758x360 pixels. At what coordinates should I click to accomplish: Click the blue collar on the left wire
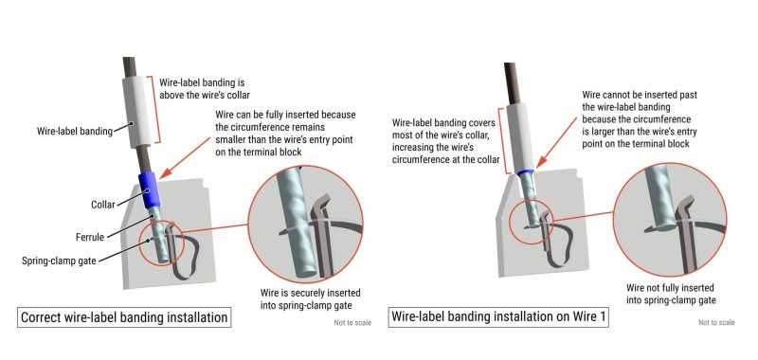click(x=150, y=190)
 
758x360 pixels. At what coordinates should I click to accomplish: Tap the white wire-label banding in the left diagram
click(x=137, y=111)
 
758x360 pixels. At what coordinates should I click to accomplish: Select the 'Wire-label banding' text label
click(x=75, y=131)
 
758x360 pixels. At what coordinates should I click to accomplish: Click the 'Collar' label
click(x=103, y=205)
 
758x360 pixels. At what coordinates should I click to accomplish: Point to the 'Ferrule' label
click(x=90, y=237)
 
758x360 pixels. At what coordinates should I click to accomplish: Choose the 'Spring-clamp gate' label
click(x=59, y=261)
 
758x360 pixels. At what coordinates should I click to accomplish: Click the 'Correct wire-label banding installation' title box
click(x=124, y=317)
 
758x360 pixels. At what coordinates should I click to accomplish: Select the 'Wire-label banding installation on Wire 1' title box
click(x=498, y=317)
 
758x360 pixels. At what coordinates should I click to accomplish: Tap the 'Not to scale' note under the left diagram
click(x=352, y=323)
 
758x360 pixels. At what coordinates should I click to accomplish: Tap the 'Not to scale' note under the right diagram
click(x=716, y=322)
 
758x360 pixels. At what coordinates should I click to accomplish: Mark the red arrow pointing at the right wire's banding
click(x=557, y=140)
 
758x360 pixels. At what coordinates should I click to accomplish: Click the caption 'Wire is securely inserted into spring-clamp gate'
click(x=311, y=298)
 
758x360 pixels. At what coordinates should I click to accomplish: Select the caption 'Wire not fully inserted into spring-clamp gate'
click(x=671, y=294)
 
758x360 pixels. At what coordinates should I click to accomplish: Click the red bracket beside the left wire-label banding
click(x=156, y=109)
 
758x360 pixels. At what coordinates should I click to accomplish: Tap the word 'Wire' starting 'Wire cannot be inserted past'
click(x=590, y=95)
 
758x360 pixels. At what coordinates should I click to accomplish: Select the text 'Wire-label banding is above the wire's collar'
click(x=205, y=89)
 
